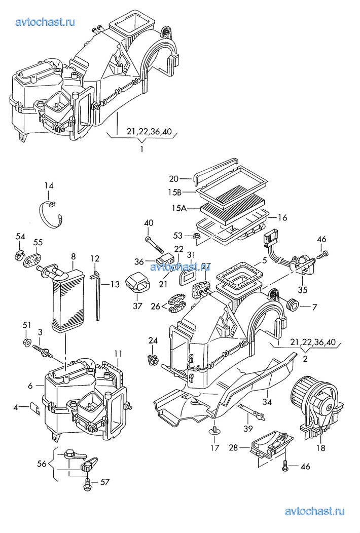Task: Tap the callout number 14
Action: pos(48,186)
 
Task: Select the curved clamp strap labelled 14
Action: pos(53,214)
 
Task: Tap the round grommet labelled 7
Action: pos(293,306)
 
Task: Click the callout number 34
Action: pos(268,402)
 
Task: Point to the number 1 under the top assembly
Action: pos(142,149)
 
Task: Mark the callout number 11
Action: pos(118,353)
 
